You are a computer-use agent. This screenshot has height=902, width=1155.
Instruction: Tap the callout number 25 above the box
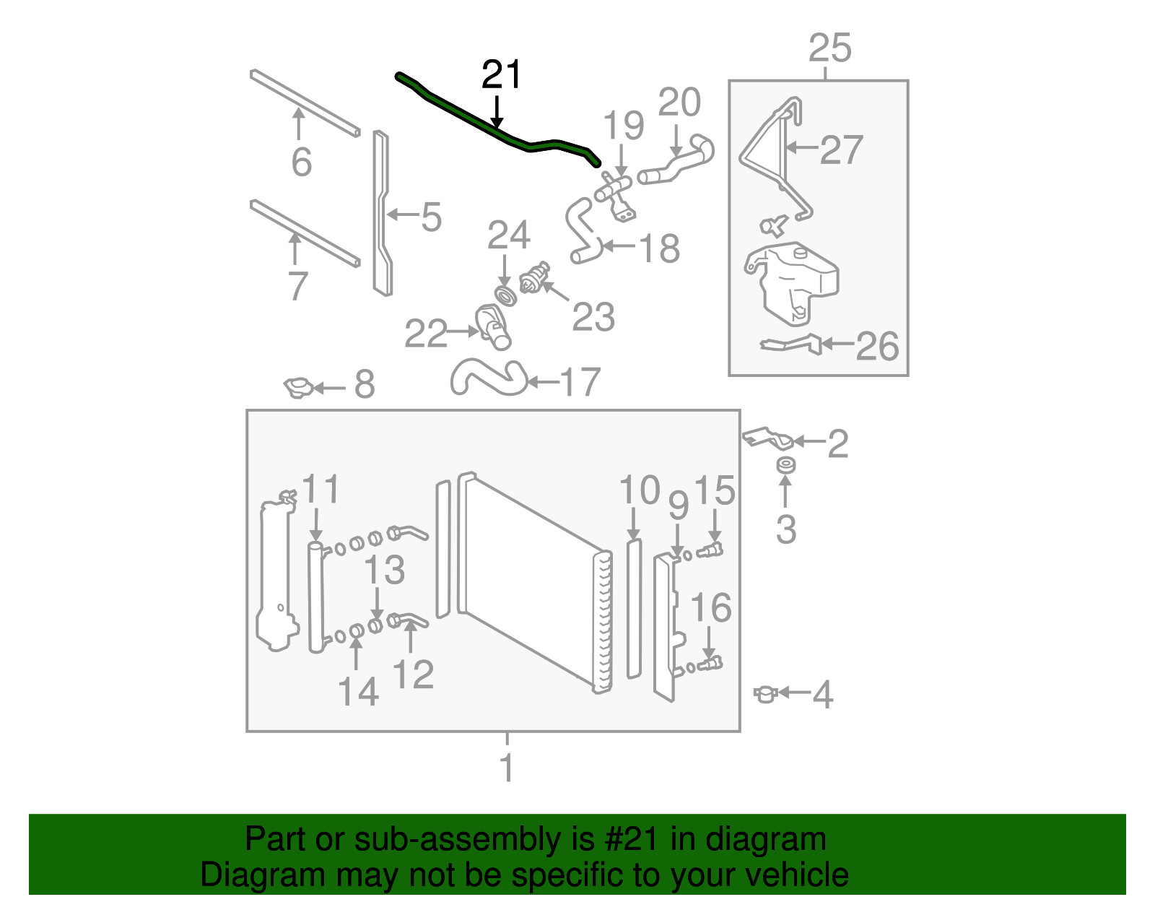tap(829, 48)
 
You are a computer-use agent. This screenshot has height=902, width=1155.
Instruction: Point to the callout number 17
tap(580, 381)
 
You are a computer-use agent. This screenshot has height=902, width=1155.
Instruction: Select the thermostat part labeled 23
tap(533, 277)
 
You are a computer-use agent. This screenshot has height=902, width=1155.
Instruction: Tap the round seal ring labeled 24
tap(505, 295)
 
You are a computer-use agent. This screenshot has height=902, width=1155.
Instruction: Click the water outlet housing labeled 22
tap(493, 326)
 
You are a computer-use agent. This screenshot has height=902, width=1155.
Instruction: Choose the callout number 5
tap(432, 217)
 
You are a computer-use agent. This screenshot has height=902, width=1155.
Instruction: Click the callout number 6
tap(301, 162)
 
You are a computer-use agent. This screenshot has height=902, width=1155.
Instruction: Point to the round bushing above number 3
tap(785, 464)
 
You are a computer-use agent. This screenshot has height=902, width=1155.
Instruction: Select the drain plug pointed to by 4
tap(766, 693)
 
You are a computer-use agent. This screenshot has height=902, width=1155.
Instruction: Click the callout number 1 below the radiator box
tap(507, 767)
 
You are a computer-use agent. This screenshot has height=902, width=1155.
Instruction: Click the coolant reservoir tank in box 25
tap(790, 282)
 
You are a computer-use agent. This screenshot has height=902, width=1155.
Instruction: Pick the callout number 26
tap(877, 346)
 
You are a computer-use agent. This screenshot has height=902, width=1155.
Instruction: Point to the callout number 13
tap(384, 569)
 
